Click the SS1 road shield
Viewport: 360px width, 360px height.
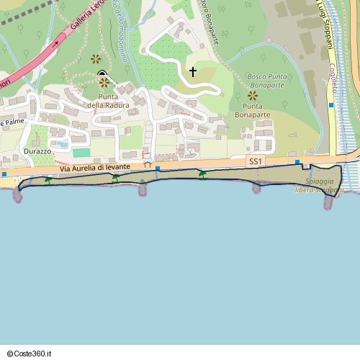point(254,163)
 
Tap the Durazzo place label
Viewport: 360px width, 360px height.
point(37,152)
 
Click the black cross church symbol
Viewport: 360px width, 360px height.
point(192,72)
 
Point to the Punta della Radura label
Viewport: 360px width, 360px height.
point(109,101)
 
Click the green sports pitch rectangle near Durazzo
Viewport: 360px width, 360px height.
point(81,153)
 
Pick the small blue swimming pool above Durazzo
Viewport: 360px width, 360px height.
point(63,145)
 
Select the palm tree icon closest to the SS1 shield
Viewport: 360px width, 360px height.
point(202,174)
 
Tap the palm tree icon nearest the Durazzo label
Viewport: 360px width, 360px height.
point(48,180)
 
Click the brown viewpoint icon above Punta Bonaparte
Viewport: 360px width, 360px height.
point(252,95)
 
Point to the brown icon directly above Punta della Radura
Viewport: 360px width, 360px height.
point(104,82)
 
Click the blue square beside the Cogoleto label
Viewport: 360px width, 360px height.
point(331,105)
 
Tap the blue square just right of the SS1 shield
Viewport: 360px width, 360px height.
point(296,162)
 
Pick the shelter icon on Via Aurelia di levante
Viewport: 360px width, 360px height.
point(148,164)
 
